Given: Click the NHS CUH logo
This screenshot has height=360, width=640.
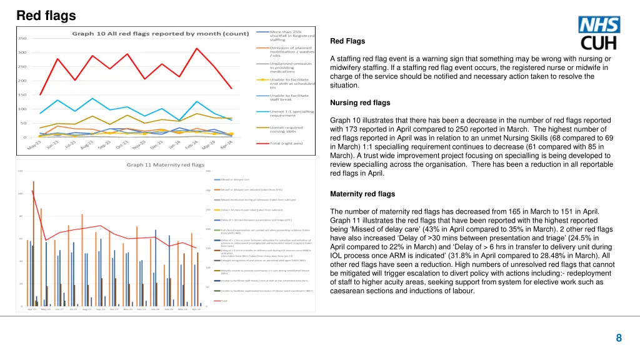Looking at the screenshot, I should tap(599, 33).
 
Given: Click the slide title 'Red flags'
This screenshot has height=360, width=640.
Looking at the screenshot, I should tap(46, 15).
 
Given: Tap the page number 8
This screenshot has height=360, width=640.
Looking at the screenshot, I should tap(618, 338).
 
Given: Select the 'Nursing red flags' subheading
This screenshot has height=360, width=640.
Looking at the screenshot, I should tap(359, 102).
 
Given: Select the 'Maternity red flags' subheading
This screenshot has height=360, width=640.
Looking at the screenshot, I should tap(362, 194).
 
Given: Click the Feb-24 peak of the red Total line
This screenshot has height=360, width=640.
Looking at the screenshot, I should tap(197, 48).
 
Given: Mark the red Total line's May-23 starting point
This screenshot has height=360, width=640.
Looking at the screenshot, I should tap(41, 94).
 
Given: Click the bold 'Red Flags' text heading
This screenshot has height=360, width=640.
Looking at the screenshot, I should tap(347, 41).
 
